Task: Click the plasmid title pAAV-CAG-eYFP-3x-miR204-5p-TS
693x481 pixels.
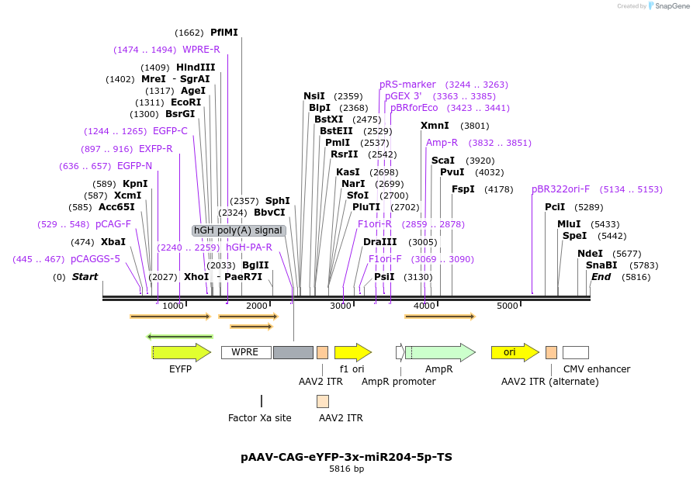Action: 346,457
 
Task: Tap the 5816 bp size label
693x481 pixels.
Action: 346,469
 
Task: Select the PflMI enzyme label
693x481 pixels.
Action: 224,33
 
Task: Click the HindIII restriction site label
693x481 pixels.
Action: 196,67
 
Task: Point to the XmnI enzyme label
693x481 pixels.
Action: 435,126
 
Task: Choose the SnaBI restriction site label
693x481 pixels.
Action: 601,265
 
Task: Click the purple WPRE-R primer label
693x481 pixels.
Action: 201,50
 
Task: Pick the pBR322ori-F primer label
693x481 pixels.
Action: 560,189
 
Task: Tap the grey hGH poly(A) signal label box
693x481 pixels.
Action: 239,230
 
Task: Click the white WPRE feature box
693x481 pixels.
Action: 245,352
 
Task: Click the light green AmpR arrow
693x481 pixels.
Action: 439,352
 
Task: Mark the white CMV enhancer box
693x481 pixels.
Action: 575,352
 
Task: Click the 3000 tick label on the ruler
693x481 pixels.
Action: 341,306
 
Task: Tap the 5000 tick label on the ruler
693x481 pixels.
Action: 507,306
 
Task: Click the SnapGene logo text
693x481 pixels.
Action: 672,6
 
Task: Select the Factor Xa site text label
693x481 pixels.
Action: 260,418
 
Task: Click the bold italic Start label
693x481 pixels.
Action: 85,277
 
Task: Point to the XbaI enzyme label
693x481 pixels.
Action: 113,242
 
